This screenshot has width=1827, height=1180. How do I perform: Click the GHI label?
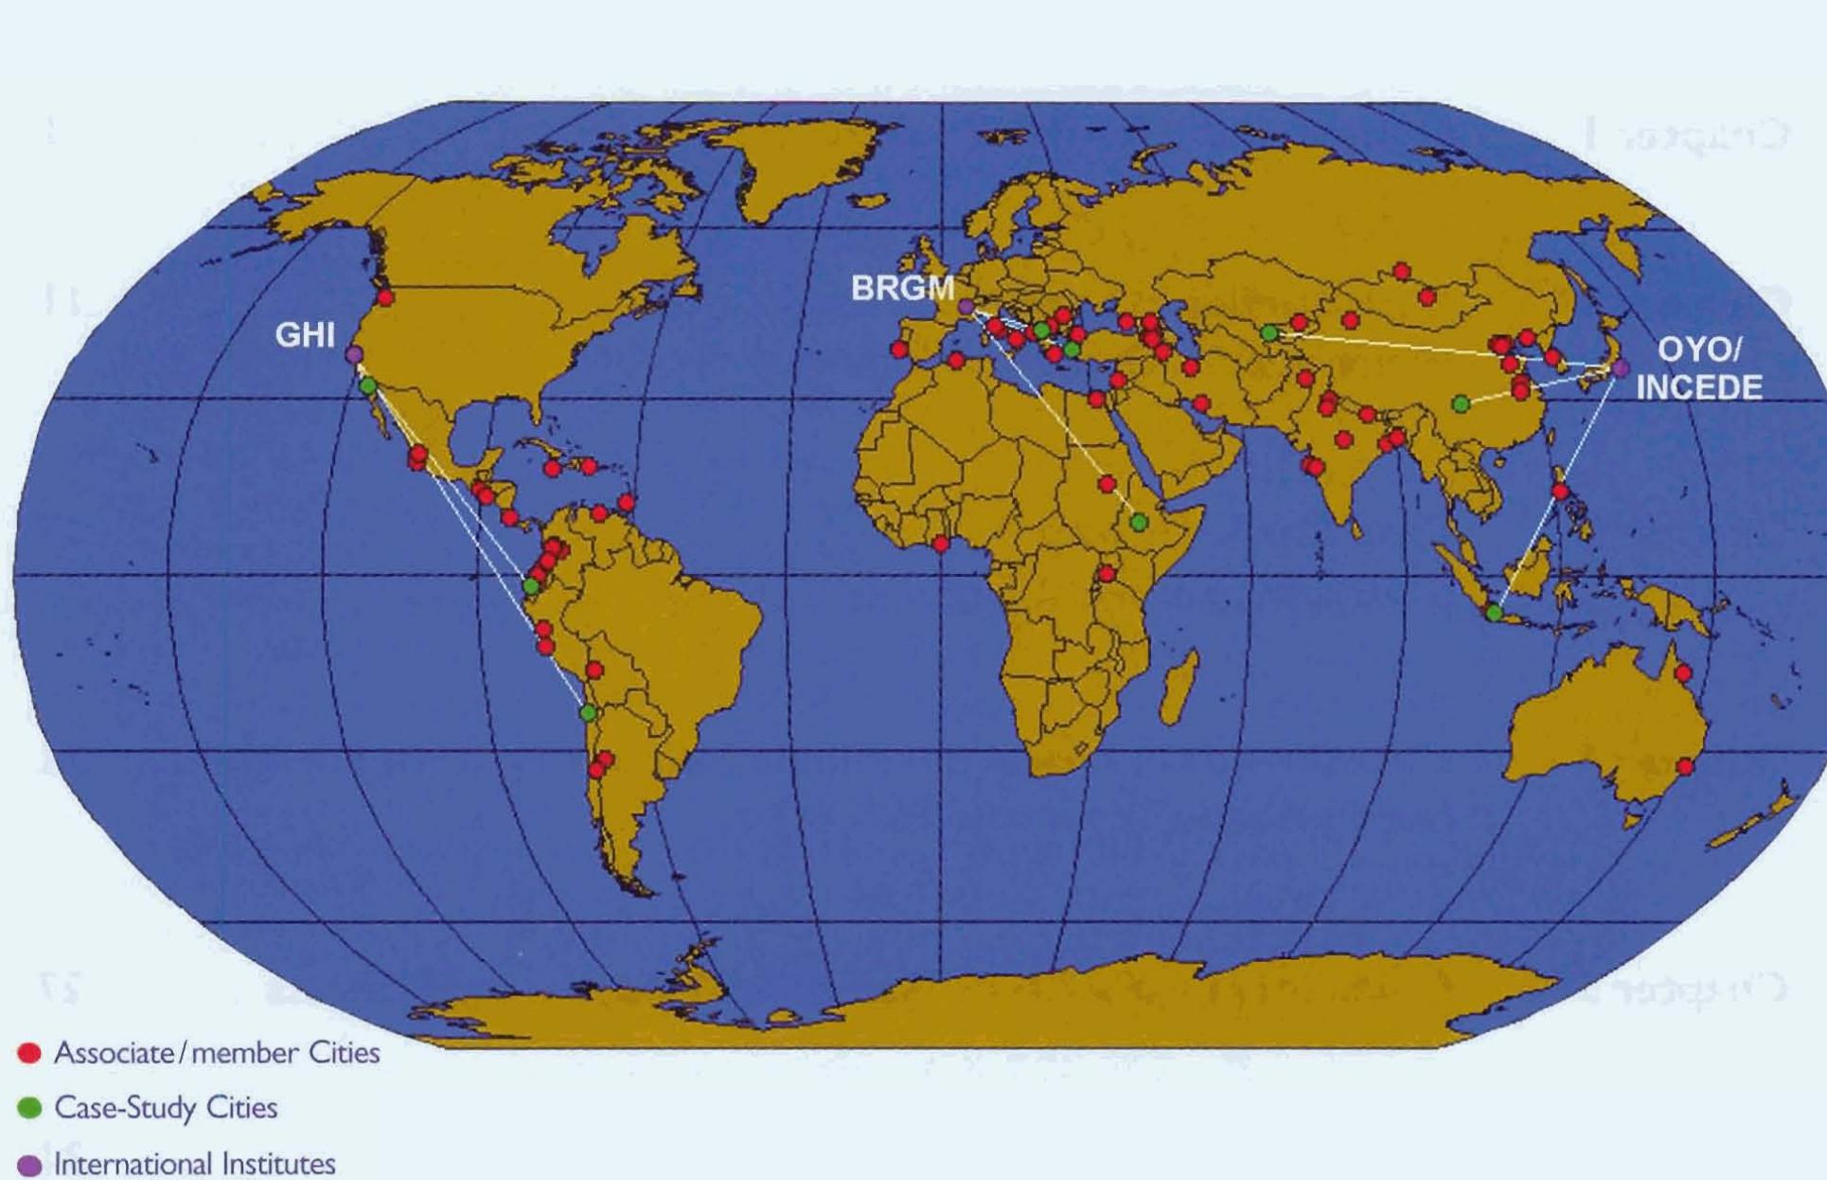tap(304, 334)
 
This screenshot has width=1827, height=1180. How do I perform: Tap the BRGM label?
tap(902, 288)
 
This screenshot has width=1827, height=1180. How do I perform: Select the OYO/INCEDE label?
tap(1699, 368)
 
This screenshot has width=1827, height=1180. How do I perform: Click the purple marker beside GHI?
tap(354, 355)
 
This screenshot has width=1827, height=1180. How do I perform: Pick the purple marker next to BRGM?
tap(966, 307)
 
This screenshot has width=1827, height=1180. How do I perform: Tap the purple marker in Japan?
tap(1621, 367)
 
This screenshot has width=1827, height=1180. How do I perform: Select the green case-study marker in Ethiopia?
tap(1140, 523)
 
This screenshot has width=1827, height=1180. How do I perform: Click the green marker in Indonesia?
tap(1494, 614)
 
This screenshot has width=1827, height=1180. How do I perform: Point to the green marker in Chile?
tap(588, 712)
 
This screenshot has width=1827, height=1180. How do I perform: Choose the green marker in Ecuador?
tap(532, 587)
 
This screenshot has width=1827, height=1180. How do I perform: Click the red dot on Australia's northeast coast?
tap(1683, 673)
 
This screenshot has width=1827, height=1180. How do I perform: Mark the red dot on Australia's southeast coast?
tap(1685, 766)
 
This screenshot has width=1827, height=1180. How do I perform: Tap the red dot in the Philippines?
tap(1561, 492)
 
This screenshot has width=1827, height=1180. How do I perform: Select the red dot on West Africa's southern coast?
tap(941, 544)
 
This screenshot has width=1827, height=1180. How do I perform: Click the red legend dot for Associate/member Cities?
tap(30, 1053)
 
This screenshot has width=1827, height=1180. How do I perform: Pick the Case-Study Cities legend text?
tap(166, 1107)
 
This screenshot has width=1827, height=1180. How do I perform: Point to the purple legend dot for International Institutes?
tap(30, 1164)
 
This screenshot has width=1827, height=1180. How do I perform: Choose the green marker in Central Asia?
tap(1269, 333)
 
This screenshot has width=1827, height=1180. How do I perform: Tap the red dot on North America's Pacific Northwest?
tap(385, 298)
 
